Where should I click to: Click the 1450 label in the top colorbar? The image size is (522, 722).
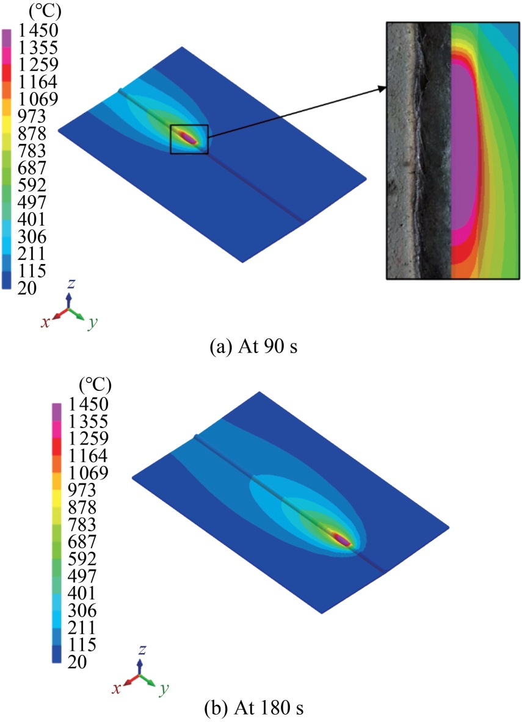click(x=38, y=30)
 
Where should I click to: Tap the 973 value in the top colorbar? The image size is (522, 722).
click(x=32, y=116)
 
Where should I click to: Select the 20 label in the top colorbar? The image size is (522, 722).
click(x=27, y=288)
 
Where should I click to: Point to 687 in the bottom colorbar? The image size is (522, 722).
click(x=82, y=541)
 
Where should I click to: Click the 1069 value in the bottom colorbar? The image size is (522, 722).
click(x=88, y=473)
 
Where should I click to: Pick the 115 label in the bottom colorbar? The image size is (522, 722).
click(x=82, y=645)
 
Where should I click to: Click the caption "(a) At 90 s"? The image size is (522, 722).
click(x=253, y=347)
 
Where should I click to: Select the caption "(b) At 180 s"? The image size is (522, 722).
click(x=254, y=708)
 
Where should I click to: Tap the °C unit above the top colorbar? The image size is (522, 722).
click(x=45, y=11)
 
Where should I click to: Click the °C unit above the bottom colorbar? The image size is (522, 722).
click(x=95, y=384)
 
